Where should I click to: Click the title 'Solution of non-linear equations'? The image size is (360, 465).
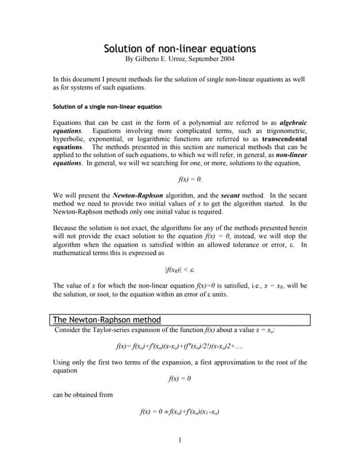coord(180,49)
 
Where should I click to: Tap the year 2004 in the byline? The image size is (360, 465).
coord(240,59)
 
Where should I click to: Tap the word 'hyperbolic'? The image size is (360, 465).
coord(71,138)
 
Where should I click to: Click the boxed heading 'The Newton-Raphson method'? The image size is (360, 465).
coord(108,320)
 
